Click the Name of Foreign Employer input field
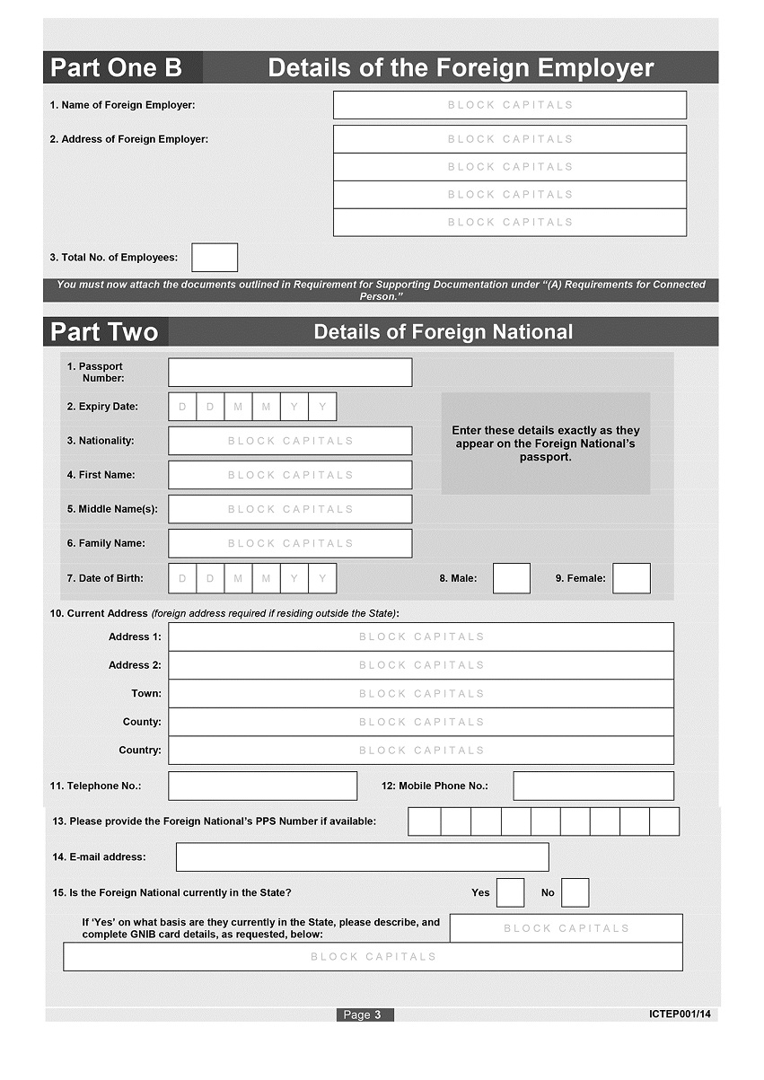click(509, 105)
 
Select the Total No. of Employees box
click(215, 258)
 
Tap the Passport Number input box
click(290, 373)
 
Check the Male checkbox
click(512, 578)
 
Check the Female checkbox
click(631, 578)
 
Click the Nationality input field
click(290, 441)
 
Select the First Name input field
click(290, 475)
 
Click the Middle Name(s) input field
click(290, 509)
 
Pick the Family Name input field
click(290, 543)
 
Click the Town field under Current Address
click(421, 694)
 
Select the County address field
click(421, 722)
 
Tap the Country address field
click(421, 751)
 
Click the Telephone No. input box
click(262, 786)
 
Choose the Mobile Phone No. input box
click(593, 786)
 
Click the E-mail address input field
click(362, 857)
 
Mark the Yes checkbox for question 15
click(510, 892)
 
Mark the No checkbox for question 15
click(575, 892)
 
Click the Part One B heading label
click(117, 68)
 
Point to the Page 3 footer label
click(364, 1014)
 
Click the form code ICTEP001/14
click(680, 1014)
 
